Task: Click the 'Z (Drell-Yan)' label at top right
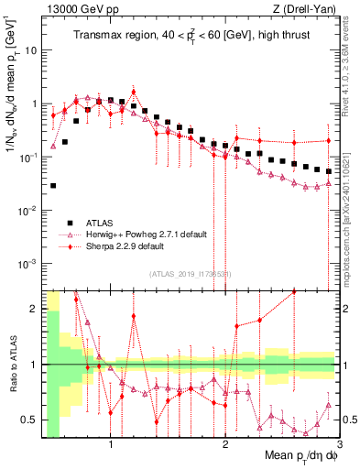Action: [x=301, y=9]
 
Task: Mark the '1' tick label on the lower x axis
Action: [x=111, y=446]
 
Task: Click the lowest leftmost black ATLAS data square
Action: [x=53, y=186]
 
